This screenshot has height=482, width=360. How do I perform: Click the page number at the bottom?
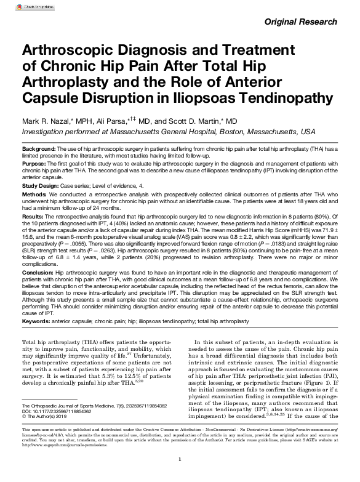[x=180, y=476]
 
